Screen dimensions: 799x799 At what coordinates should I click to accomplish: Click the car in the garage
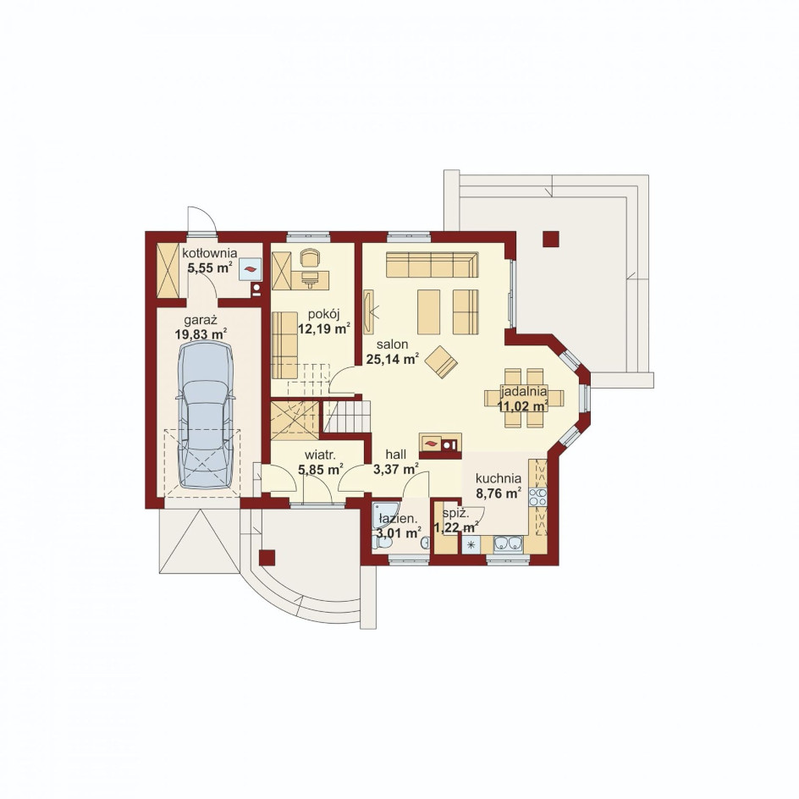206,415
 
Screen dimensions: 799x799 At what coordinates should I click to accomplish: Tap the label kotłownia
209,253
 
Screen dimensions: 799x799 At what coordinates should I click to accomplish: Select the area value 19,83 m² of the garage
201,334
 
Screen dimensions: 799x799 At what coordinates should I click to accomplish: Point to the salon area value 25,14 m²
393,359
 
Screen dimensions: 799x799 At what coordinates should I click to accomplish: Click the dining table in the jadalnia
525,398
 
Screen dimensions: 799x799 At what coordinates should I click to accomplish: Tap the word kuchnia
499,478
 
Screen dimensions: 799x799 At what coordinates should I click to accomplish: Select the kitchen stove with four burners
537,497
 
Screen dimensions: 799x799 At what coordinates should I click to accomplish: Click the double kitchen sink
508,543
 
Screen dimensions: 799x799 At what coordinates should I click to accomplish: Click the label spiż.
453,514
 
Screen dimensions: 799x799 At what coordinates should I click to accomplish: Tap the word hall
396,454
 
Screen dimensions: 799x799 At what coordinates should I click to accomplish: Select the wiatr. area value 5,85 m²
320,469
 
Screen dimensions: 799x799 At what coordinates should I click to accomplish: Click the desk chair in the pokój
308,257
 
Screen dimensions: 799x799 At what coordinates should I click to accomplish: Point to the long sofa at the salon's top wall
433,264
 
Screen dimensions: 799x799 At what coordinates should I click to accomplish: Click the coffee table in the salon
428,311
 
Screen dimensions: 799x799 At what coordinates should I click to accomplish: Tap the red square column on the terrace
551,239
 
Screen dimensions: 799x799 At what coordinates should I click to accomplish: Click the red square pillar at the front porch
267,558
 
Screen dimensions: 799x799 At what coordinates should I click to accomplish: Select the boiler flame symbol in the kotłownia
251,268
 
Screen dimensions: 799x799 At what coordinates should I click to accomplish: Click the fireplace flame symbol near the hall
431,443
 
